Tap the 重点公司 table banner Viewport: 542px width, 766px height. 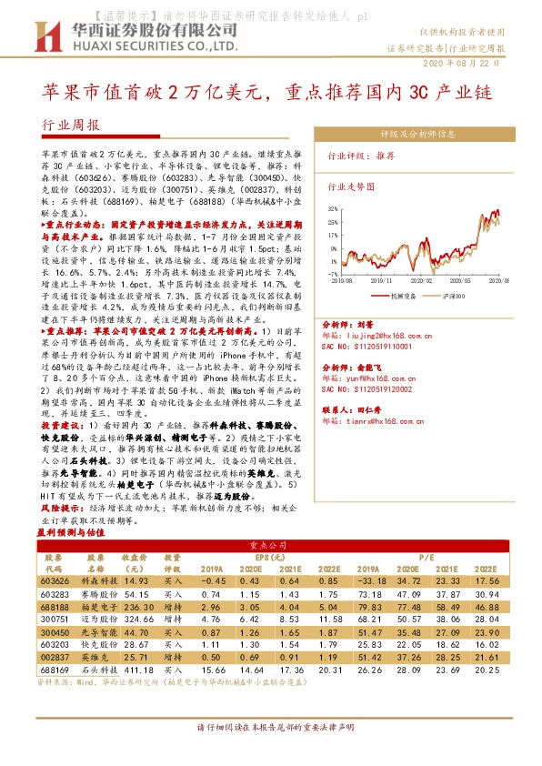[270, 544]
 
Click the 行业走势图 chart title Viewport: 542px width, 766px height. [351, 185]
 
